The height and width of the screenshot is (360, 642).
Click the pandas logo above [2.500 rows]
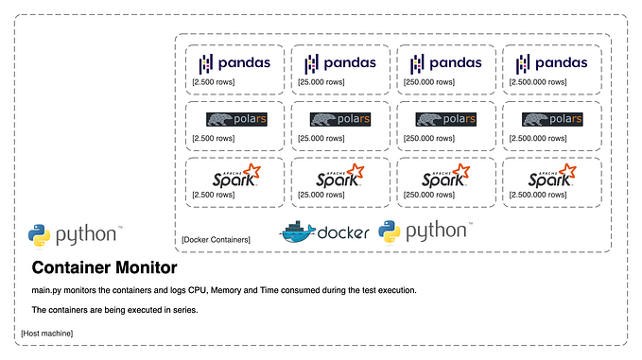point(234,63)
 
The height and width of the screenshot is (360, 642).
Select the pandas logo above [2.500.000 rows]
point(551,63)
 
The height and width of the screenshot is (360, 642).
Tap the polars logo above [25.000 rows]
point(339,120)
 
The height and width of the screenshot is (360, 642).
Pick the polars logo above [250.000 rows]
point(445,120)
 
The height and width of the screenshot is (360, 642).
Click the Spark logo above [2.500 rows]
point(234,176)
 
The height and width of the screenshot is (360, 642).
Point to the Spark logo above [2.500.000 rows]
point(551,176)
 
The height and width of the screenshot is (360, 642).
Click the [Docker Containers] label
point(216,240)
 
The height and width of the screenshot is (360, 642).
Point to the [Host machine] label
point(46,334)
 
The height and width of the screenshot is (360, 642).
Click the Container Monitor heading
point(104,268)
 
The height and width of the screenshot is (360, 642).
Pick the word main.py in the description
point(48,290)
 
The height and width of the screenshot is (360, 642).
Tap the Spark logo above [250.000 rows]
point(445,176)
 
